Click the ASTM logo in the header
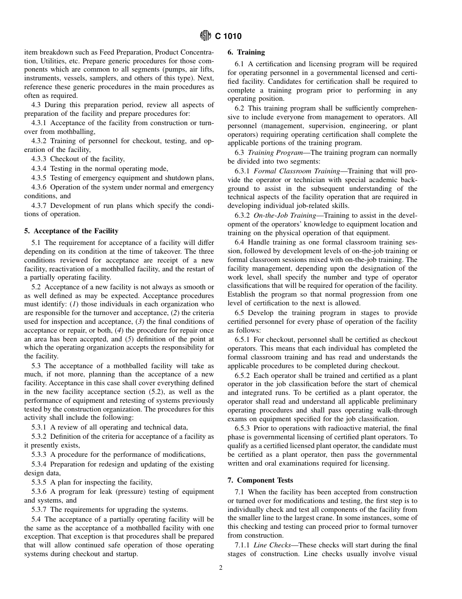(x=205, y=36)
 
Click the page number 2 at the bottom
(x=221, y=567)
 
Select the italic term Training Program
(x=275, y=152)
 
